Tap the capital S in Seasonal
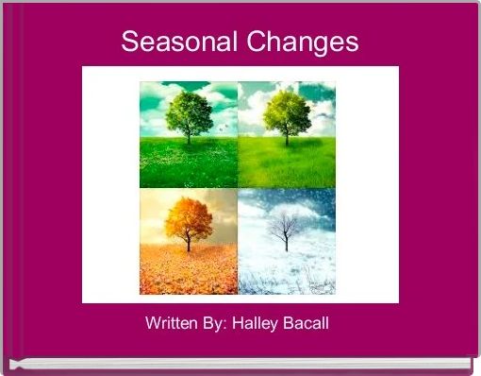(x=129, y=43)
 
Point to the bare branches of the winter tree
(x=283, y=225)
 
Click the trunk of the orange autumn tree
(x=187, y=244)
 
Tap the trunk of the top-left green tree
(x=188, y=137)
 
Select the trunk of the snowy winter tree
(x=283, y=243)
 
